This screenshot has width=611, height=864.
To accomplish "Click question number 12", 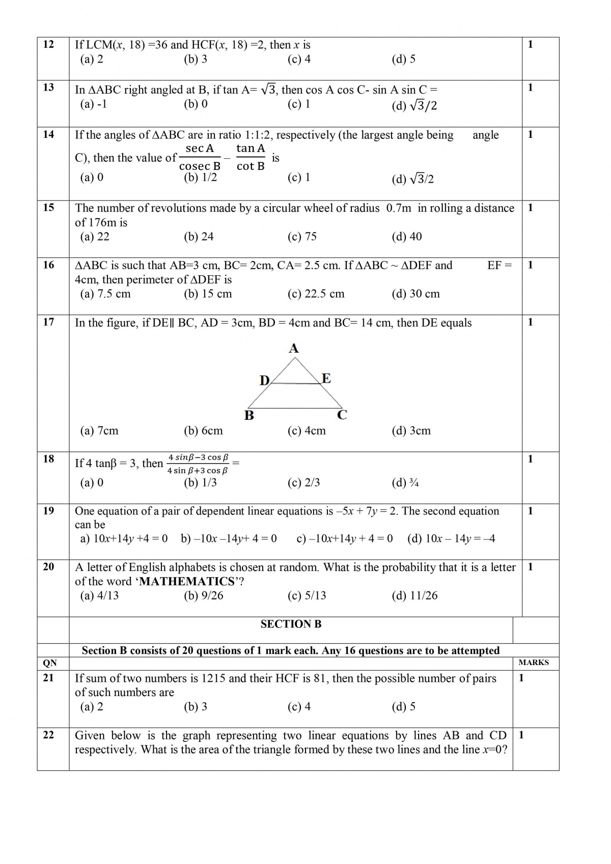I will point(48,45).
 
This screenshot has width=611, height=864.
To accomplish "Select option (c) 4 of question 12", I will point(299,60).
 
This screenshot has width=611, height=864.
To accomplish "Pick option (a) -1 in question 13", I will point(94,104).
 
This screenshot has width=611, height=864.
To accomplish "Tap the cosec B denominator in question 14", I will point(200,166).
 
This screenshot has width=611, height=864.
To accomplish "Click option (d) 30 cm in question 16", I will point(415,294).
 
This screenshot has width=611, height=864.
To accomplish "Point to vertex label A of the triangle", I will point(294,349).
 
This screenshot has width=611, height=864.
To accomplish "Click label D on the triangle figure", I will point(264,380).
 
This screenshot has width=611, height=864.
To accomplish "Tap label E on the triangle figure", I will point(326,378).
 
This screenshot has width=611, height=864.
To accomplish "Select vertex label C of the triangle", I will point(342,415).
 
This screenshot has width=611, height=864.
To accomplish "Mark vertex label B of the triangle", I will point(249,416).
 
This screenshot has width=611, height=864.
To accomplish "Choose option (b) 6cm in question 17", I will point(203,431).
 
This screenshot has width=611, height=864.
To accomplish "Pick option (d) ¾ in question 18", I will point(405,483).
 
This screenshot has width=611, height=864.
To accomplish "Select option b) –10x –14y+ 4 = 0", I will point(229,539).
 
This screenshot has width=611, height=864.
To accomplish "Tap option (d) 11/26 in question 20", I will point(414,596).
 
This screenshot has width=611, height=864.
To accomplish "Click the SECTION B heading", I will point(291,624).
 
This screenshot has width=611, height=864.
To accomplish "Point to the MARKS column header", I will point(534,663).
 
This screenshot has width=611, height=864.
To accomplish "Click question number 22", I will point(48,735).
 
